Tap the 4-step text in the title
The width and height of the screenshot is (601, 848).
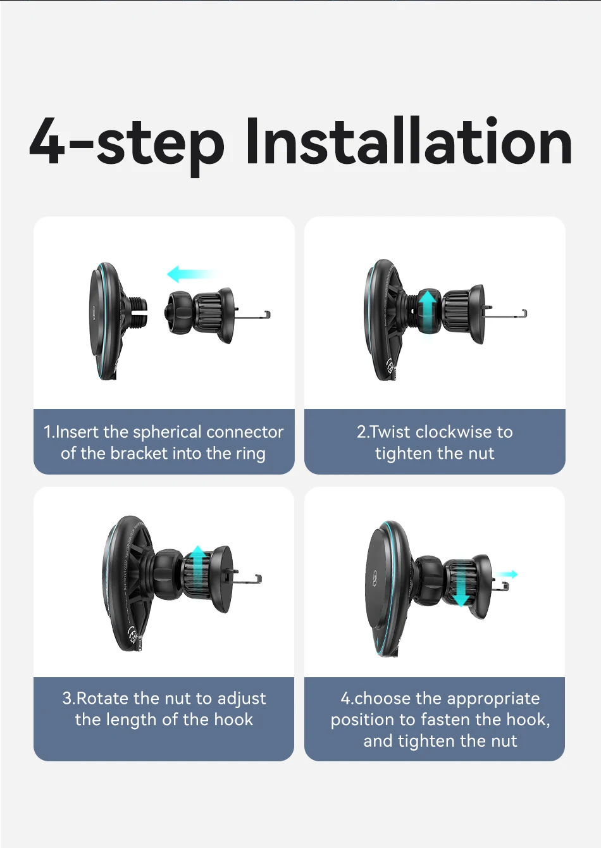pos(127,146)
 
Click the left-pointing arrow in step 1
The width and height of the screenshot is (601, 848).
pos(194,274)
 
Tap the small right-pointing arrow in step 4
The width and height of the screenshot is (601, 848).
pos(507,574)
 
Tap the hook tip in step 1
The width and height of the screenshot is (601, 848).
pos(268,315)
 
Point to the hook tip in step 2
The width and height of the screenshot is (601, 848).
pos(524,313)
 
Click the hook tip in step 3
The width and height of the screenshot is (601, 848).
pos(259,578)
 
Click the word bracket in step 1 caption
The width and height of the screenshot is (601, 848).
pos(139,454)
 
